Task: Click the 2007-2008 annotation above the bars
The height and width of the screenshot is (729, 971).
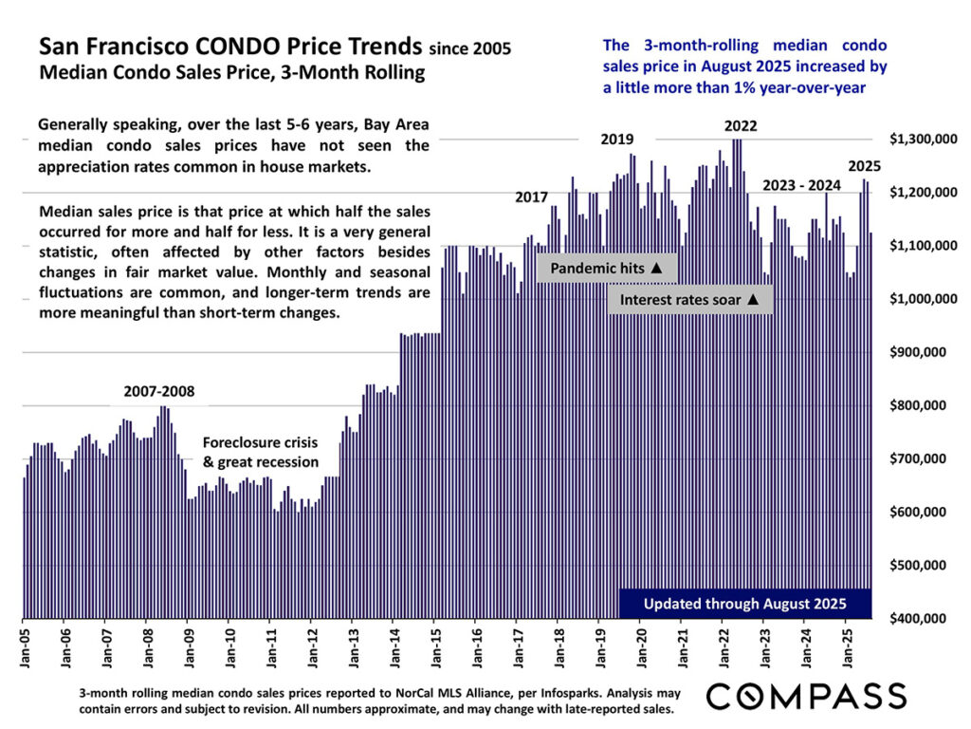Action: click(x=159, y=391)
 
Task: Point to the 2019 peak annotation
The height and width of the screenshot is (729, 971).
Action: click(x=617, y=140)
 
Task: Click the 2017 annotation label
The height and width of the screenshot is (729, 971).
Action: click(x=532, y=197)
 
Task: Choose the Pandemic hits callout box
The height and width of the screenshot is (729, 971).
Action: click(x=607, y=269)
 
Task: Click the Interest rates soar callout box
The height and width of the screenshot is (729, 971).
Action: click(x=690, y=300)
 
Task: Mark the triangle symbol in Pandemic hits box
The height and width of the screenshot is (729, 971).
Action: click(x=657, y=269)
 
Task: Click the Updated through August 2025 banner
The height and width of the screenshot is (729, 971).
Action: click(x=745, y=604)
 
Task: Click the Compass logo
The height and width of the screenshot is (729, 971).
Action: click(x=806, y=695)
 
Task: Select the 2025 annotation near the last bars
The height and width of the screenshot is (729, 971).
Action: click(x=865, y=165)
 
